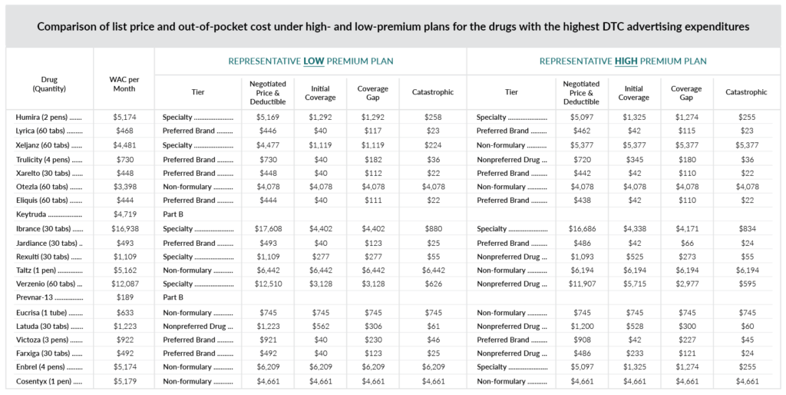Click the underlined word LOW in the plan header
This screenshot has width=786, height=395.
[x=314, y=61]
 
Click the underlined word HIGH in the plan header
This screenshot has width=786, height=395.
[x=626, y=61]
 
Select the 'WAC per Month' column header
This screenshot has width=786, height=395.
[x=124, y=84]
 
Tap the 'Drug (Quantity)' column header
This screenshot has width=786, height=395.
[x=49, y=84]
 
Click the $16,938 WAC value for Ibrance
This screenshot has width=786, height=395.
[x=125, y=228]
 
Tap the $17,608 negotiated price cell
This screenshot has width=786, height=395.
[x=268, y=228]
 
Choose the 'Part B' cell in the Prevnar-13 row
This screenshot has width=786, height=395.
[x=173, y=297]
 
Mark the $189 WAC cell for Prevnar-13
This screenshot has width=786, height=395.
[x=125, y=297]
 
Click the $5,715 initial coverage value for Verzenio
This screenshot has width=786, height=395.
[x=634, y=284]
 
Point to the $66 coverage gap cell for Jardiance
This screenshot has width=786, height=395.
[x=687, y=243]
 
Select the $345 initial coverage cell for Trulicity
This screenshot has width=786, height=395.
[x=634, y=160]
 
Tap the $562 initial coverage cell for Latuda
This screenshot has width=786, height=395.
[x=320, y=326]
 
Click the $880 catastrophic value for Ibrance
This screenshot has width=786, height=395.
[x=433, y=228]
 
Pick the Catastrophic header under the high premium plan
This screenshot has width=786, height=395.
[x=746, y=92]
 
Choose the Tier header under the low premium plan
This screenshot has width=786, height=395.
[x=198, y=92]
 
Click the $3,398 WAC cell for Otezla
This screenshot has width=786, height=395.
[x=125, y=187]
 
